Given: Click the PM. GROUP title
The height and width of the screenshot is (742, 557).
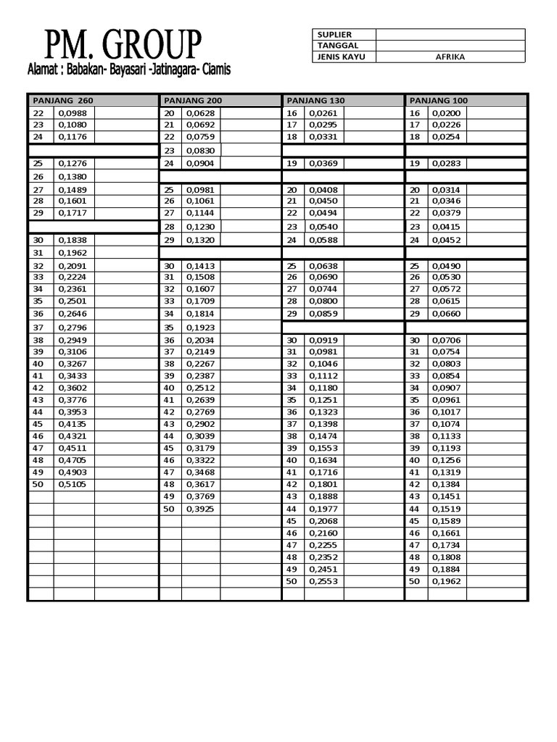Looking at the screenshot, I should pos(123,45).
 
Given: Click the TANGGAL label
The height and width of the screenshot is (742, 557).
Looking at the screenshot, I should pos(333,46).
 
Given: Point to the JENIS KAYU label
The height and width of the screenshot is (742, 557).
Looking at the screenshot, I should pos(339,57).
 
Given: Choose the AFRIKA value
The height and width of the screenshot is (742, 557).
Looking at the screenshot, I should pos(450,57).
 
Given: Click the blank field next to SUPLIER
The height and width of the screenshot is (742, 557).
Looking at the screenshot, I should pos(450,35).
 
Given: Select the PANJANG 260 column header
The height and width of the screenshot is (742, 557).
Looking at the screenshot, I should pos(62,100).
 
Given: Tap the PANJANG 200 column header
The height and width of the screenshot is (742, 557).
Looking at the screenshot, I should pos(193,100).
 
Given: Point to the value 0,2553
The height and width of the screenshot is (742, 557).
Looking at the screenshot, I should pos(323,581).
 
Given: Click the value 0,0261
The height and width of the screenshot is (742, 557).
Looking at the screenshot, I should pos(323,113).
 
